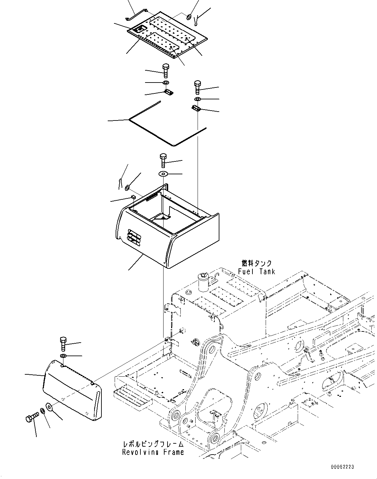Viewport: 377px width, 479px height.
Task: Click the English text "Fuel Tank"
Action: click(x=256, y=271)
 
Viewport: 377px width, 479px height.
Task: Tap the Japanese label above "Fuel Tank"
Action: click(x=257, y=263)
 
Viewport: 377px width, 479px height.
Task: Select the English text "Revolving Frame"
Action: click(x=153, y=452)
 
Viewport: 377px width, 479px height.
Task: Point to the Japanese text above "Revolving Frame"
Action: click(x=153, y=444)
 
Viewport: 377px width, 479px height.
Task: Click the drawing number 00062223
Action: click(x=342, y=467)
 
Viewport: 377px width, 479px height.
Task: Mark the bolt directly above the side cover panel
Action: click(x=63, y=344)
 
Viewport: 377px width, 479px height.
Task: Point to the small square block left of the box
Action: click(x=133, y=197)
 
